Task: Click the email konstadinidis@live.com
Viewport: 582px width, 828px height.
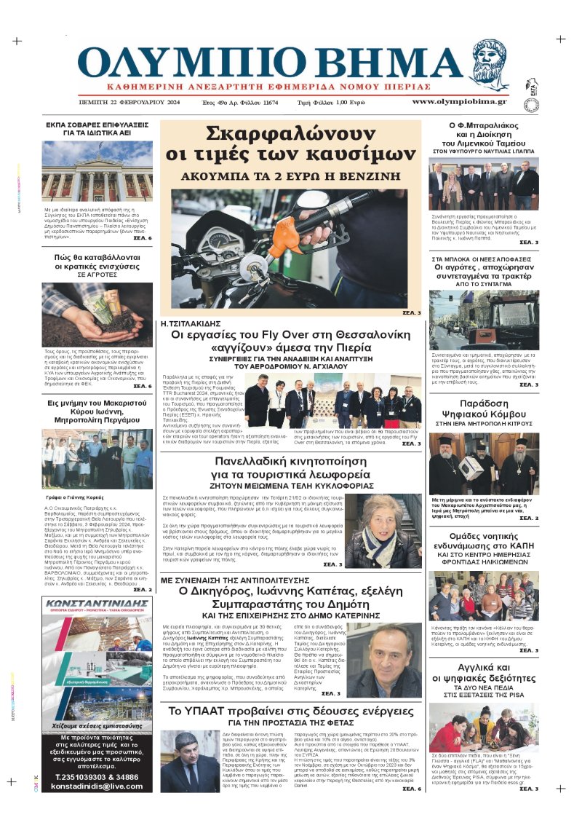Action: point(96,786)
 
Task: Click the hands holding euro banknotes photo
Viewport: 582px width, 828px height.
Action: point(97,315)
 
